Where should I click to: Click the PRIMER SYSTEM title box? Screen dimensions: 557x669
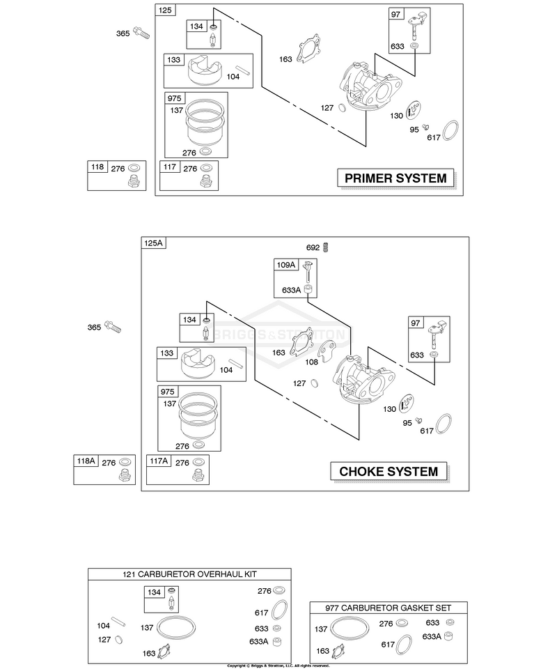pyautogui.click(x=395, y=178)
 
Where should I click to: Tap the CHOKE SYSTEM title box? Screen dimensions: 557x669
pyautogui.click(x=389, y=472)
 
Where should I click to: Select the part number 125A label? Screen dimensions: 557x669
pyautogui.click(x=153, y=243)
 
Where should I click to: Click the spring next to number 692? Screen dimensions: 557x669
pyautogui.click(x=326, y=247)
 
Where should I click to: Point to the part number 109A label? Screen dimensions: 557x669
pyautogui.click(x=286, y=265)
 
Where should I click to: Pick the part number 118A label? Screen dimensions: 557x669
pyautogui.click(x=86, y=461)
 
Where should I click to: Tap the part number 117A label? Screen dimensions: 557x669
pyautogui.click(x=159, y=461)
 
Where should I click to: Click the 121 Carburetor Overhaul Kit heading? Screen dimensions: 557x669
pyautogui.click(x=189, y=574)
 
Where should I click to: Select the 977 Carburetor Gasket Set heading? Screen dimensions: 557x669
pyautogui.click(x=389, y=608)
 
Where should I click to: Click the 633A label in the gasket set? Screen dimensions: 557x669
pyautogui.click(x=432, y=636)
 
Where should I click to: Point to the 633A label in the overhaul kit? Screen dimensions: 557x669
pyautogui.click(x=259, y=641)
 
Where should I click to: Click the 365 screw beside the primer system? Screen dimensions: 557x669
pyautogui.click(x=141, y=33)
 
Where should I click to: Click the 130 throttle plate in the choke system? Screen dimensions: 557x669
pyautogui.click(x=407, y=404)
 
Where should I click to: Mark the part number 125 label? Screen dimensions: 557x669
pyautogui.click(x=165, y=10)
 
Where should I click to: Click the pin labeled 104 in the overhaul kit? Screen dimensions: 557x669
pyautogui.click(x=118, y=622)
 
